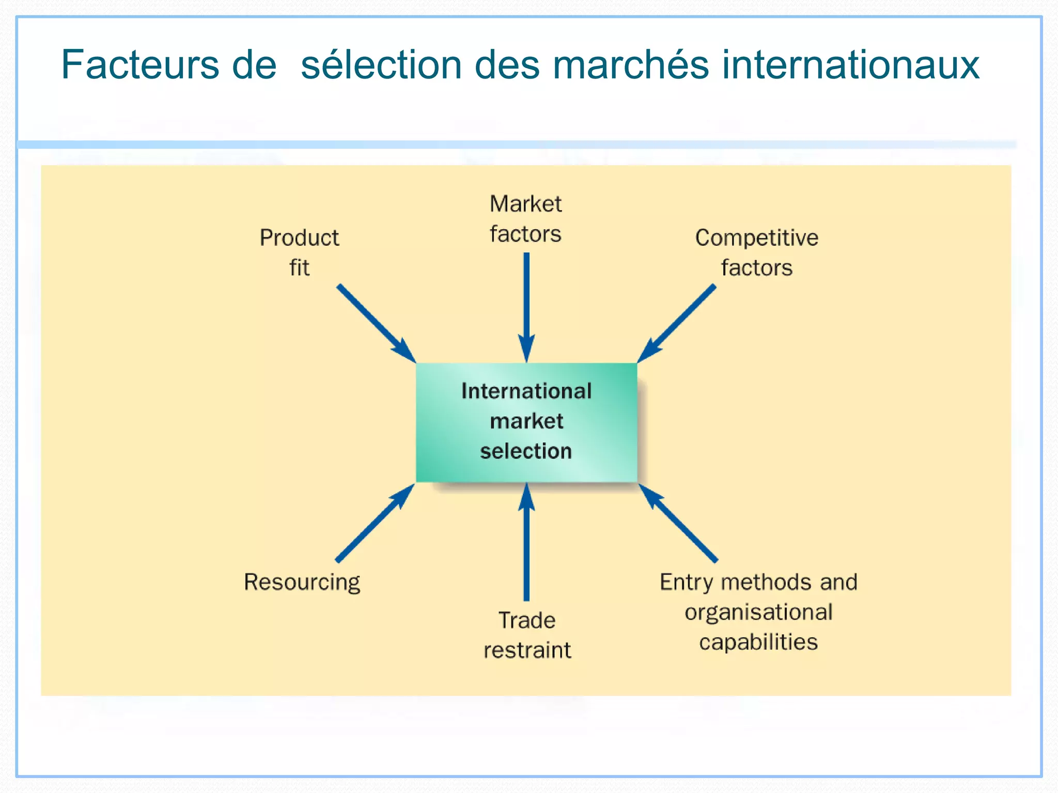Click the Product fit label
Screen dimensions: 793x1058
[x=299, y=252]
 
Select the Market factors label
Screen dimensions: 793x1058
[x=525, y=219]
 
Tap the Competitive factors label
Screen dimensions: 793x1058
[x=756, y=252]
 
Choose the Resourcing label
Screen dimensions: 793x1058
[x=302, y=582]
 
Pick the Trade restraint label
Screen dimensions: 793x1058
[x=527, y=635]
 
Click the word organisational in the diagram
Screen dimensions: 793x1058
[x=758, y=612]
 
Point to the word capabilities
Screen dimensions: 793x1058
[x=758, y=642]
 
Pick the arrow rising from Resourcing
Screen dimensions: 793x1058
[x=375, y=523]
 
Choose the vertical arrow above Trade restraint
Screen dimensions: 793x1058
[x=526, y=542]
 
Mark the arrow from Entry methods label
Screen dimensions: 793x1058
[x=678, y=523]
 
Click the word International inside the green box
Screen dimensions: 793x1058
[x=526, y=391]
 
